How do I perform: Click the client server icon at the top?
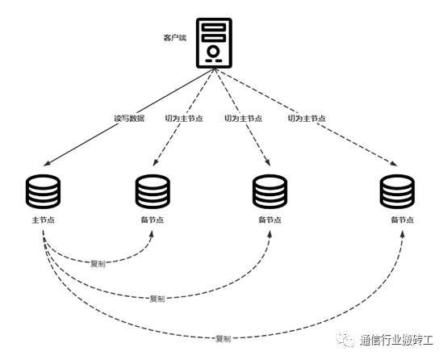click(x=214, y=43)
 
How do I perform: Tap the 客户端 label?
click(x=175, y=38)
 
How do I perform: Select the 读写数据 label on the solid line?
click(x=129, y=119)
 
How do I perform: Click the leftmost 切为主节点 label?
click(x=184, y=119)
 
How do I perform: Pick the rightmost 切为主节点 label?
click(x=307, y=119)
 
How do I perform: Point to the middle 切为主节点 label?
click(x=243, y=119)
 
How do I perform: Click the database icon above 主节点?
click(x=43, y=191)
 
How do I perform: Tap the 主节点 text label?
click(x=43, y=220)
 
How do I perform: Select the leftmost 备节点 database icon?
click(x=152, y=191)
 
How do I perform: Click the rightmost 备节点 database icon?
click(x=397, y=191)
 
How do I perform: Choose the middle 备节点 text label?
click(x=269, y=220)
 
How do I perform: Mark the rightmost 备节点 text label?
click(x=402, y=220)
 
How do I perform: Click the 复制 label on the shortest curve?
click(x=98, y=264)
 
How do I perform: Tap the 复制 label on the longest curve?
click(x=223, y=338)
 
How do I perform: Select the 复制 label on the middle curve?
click(x=157, y=299)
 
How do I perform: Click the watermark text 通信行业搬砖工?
click(x=396, y=341)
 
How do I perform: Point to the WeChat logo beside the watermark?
click(x=345, y=340)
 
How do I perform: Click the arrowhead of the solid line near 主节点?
click(x=47, y=163)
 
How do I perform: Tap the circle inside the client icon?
click(x=213, y=52)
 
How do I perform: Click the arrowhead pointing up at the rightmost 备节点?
click(x=403, y=234)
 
